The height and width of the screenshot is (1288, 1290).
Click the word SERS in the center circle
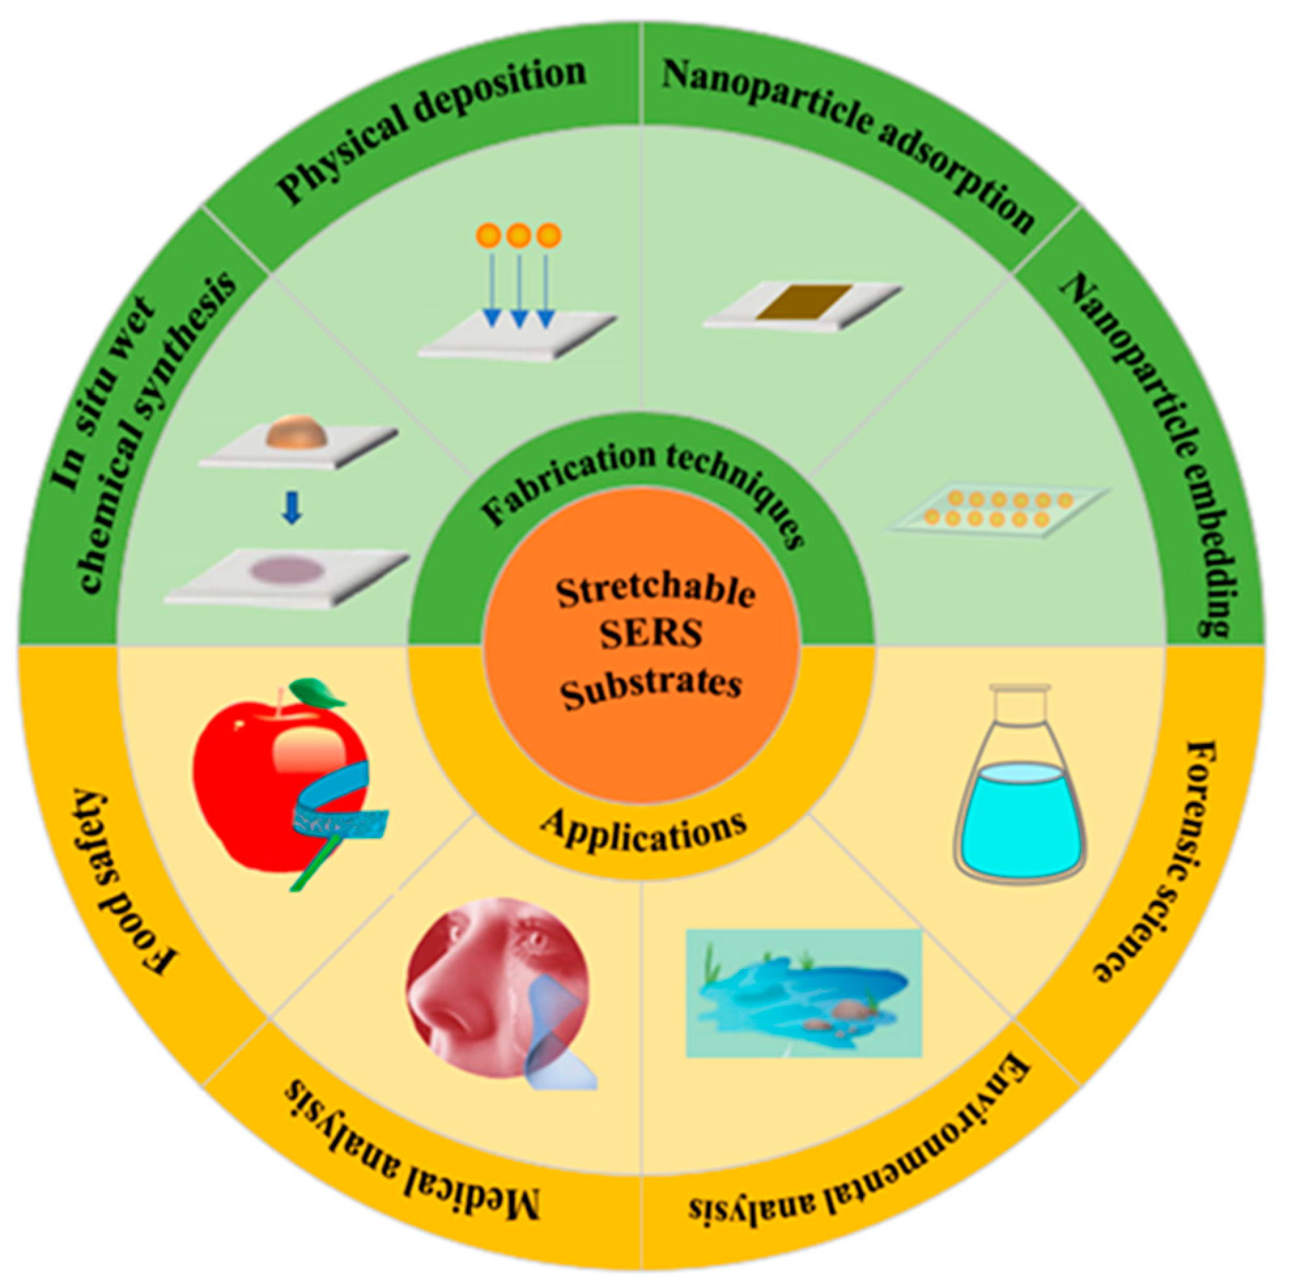(x=651, y=634)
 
